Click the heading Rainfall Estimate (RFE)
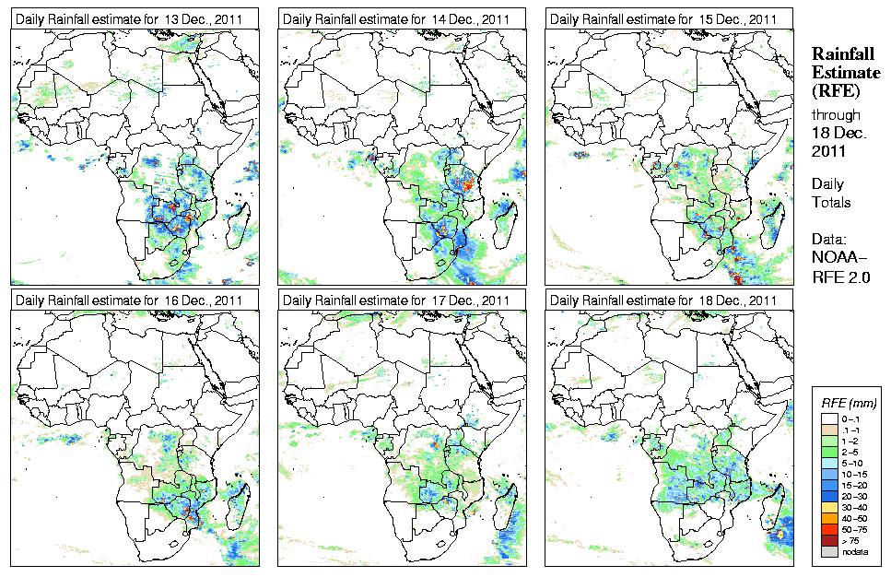842,72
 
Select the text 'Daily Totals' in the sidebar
832,193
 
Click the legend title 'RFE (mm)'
849,403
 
